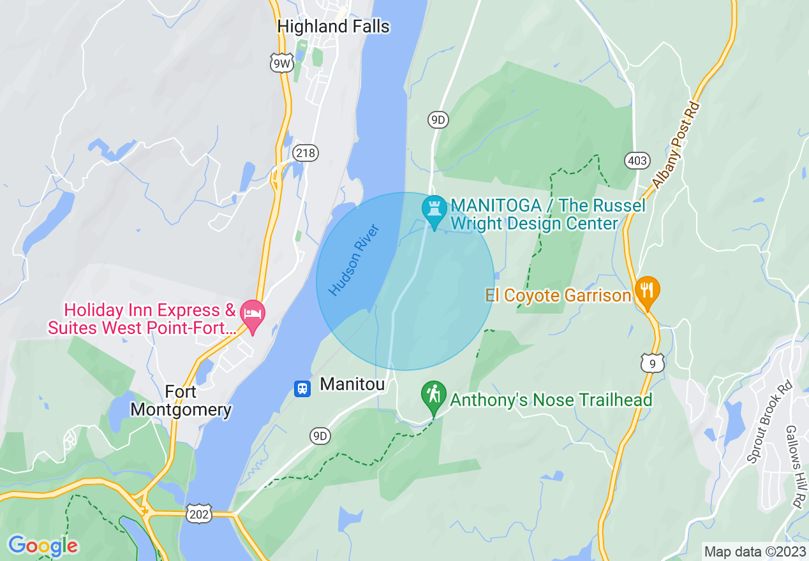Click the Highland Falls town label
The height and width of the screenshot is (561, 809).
pyautogui.click(x=334, y=26)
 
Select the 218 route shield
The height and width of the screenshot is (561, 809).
pyautogui.click(x=306, y=153)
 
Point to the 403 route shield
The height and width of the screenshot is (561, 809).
pyautogui.click(x=637, y=161)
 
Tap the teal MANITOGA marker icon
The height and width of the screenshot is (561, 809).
pyautogui.click(x=434, y=208)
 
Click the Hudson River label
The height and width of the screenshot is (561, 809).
pyautogui.click(x=354, y=259)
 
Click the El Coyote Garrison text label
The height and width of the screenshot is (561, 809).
pyautogui.click(x=558, y=296)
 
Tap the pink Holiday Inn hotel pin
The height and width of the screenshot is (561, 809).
pyautogui.click(x=253, y=314)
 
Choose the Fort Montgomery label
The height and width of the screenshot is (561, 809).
pyautogui.click(x=181, y=400)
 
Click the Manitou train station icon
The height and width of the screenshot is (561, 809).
pyautogui.click(x=302, y=388)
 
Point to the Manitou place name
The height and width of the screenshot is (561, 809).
pyautogui.click(x=352, y=384)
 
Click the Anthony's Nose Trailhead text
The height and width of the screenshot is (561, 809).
pyautogui.click(x=551, y=400)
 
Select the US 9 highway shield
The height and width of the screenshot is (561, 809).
pyautogui.click(x=653, y=363)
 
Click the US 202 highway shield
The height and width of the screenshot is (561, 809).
pyautogui.click(x=200, y=513)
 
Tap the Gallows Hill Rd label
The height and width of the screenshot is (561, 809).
pyautogui.click(x=794, y=466)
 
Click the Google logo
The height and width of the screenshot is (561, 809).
pyautogui.click(x=43, y=546)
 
